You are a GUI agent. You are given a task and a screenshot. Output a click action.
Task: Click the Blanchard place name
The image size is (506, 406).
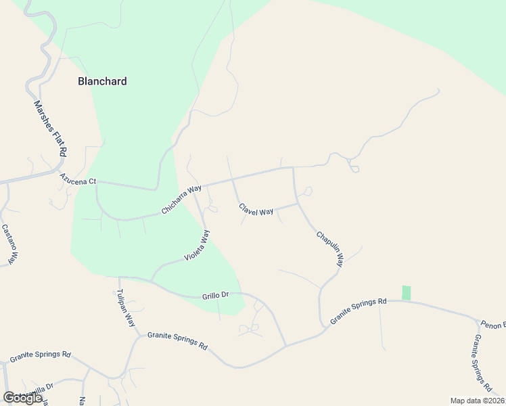(x=102, y=81)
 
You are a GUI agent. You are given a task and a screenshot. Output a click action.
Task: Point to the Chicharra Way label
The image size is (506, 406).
(x=181, y=200)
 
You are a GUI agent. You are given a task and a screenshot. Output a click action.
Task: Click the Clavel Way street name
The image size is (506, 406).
(x=256, y=210)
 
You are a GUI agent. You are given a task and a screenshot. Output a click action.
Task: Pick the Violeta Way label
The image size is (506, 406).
(x=198, y=246)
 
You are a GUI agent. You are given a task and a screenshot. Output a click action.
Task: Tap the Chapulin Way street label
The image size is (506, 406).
(x=330, y=248)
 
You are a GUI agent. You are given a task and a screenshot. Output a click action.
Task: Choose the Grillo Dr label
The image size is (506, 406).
(x=216, y=296)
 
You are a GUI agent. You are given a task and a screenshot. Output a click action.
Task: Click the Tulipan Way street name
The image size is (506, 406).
(x=126, y=308)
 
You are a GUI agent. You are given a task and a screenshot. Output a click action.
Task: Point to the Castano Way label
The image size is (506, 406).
(x=9, y=244)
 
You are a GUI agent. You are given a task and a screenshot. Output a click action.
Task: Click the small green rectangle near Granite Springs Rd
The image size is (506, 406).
(x=406, y=292)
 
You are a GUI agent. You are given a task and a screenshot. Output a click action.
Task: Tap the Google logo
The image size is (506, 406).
(x=22, y=398)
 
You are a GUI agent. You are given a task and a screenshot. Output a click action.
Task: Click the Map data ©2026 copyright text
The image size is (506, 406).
(x=477, y=401)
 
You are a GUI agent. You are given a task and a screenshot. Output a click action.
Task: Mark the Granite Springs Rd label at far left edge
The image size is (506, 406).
(x=40, y=355)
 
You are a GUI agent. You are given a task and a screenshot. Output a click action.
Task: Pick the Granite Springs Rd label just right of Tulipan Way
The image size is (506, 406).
(x=177, y=340)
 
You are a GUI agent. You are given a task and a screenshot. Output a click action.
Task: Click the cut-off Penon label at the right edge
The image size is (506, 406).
(x=493, y=324)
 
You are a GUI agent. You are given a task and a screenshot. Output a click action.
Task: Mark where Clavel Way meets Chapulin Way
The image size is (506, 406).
(x=298, y=203)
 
